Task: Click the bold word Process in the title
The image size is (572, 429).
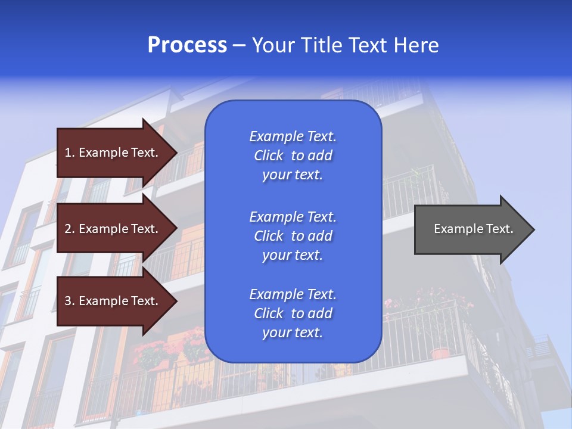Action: (187, 45)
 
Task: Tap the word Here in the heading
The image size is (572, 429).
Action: (416, 45)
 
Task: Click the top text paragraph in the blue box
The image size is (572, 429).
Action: (293, 156)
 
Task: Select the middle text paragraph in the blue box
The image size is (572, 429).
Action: (293, 236)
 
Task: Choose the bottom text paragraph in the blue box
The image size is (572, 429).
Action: (293, 313)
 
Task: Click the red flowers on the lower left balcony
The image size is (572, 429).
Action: (152, 353)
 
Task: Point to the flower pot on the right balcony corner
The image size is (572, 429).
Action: (440, 353)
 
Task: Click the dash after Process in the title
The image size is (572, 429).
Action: (240, 46)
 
